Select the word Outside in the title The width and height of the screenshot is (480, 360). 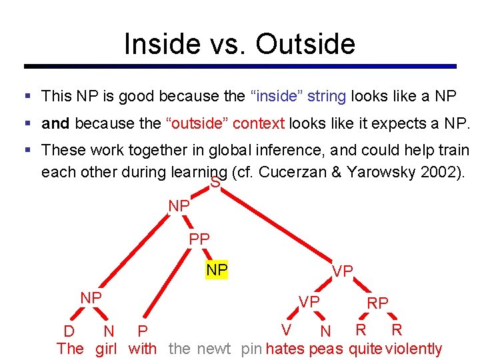point(305,44)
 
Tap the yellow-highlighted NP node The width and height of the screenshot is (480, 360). point(217,270)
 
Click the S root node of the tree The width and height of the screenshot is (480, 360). point(215,182)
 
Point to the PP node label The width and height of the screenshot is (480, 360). point(199,239)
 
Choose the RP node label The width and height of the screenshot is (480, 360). point(378,303)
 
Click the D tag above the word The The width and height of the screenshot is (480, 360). point(69,331)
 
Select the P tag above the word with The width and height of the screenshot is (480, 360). point(142,331)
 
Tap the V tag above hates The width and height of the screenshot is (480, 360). point(286,330)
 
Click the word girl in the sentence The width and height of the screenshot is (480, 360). point(106,349)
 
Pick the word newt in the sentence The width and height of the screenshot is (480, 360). point(213,349)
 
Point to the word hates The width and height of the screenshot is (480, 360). point(285,349)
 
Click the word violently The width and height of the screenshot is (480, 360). point(413,349)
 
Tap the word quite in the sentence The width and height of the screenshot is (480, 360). point(365,349)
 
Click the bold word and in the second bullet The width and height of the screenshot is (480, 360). point(56,124)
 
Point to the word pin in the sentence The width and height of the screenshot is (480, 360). point(252,349)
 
